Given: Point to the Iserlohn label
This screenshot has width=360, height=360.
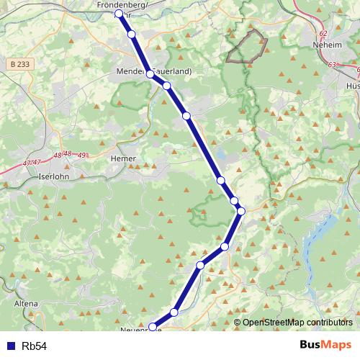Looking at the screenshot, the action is [x=53, y=176].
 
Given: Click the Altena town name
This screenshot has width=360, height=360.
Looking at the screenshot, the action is [x=26, y=304].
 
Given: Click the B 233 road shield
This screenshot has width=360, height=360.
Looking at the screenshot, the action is [x=21, y=64].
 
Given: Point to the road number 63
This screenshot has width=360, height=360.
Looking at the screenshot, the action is [x=332, y=65].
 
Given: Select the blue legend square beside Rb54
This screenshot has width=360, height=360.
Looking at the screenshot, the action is [x=9, y=346].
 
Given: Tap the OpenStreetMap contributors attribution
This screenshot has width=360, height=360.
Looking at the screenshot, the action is [x=297, y=323].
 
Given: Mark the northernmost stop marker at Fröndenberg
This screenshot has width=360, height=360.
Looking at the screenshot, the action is [x=120, y=14].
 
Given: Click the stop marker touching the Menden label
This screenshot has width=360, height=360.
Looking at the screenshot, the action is [x=150, y=74].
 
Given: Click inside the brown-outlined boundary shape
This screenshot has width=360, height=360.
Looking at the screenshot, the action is [x=247, y=47].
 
